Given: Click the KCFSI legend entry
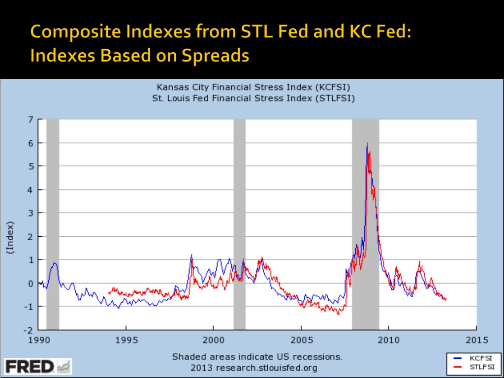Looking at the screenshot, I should tap(473, 358).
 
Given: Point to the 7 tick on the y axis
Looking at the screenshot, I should tap(31, 120).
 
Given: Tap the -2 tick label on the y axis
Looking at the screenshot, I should tap(30, 330).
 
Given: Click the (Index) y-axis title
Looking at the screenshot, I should tap(10, 237).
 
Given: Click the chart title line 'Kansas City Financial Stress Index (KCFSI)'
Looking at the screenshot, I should tap(253, 88).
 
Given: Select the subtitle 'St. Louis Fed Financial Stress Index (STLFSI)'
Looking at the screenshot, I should tap(253, 98).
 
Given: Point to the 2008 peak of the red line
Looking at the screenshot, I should tap(368, 144).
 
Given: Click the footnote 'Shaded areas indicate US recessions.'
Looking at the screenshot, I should tap(256, 357).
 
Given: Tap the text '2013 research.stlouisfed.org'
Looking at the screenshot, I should tap(253, 368).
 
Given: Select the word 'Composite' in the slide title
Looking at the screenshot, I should tap(64, 32).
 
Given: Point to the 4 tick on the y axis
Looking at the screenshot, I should tap(31, 190).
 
